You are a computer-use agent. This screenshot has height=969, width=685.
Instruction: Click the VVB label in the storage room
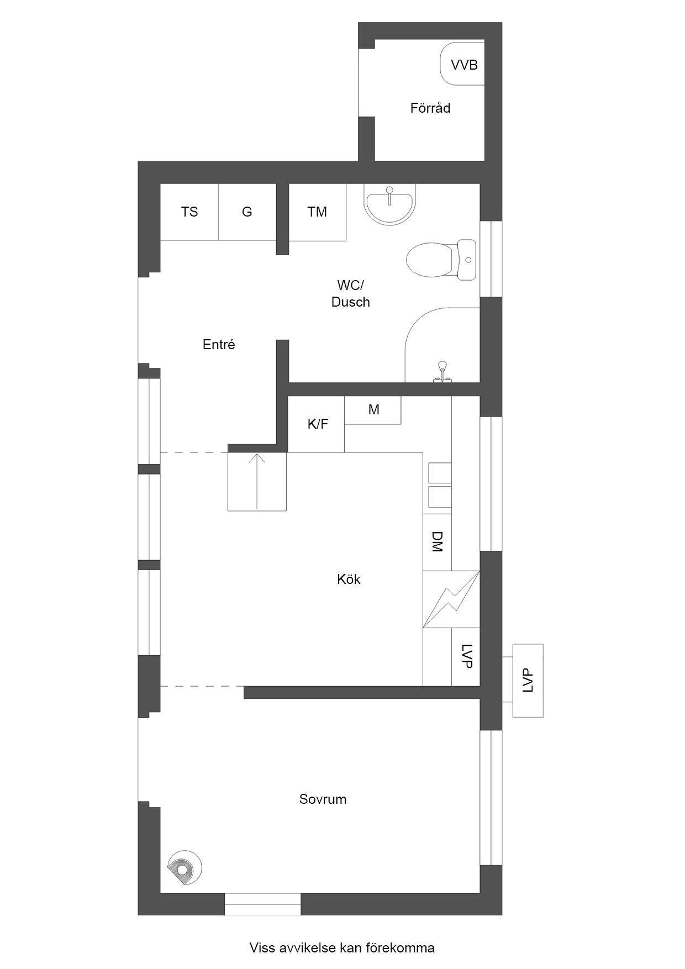pos(464,65)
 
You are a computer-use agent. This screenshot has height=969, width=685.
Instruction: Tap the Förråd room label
pos(430,108)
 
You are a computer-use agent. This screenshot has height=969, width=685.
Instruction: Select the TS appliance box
pos(189,212)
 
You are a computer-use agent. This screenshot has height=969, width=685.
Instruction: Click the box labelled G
pos(247,212)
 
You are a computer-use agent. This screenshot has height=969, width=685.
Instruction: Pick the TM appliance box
pos(318,212)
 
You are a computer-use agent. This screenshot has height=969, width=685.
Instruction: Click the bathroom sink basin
pos(389,204)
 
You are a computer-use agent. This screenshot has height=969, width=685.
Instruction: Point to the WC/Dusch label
pos(351,294)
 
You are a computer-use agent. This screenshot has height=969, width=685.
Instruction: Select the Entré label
pos(219,345)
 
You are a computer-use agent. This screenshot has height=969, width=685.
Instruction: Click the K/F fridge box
pos(317,424)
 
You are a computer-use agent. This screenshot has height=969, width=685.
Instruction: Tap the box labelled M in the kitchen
pos(373,410)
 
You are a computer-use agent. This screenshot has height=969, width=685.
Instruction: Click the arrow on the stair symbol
pos(257,481)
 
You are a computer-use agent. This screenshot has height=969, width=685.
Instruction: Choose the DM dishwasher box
pos(438,543)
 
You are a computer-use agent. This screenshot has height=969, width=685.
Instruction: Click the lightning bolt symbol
pos(451,599)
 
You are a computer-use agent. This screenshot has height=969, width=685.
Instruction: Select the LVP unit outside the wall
pos(528,681)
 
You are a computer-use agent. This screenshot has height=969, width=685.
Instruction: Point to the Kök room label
pos(349,579)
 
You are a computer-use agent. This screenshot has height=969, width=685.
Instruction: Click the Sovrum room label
pos(323,799)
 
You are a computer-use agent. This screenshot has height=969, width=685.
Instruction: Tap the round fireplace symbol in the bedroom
pos(185,868)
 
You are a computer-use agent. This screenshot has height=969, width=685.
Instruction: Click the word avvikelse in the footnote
pos(306,948)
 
